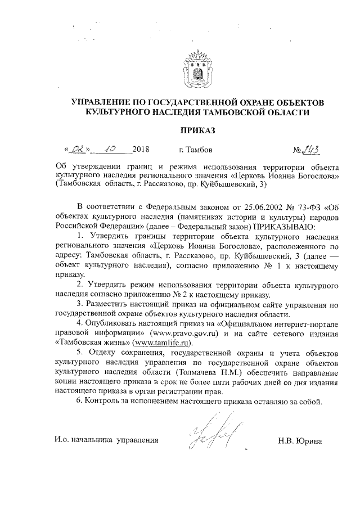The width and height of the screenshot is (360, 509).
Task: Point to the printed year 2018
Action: (142, 150)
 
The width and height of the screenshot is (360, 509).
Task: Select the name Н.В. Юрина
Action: (300, 440)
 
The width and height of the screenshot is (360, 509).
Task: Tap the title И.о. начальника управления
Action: (106, 440)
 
